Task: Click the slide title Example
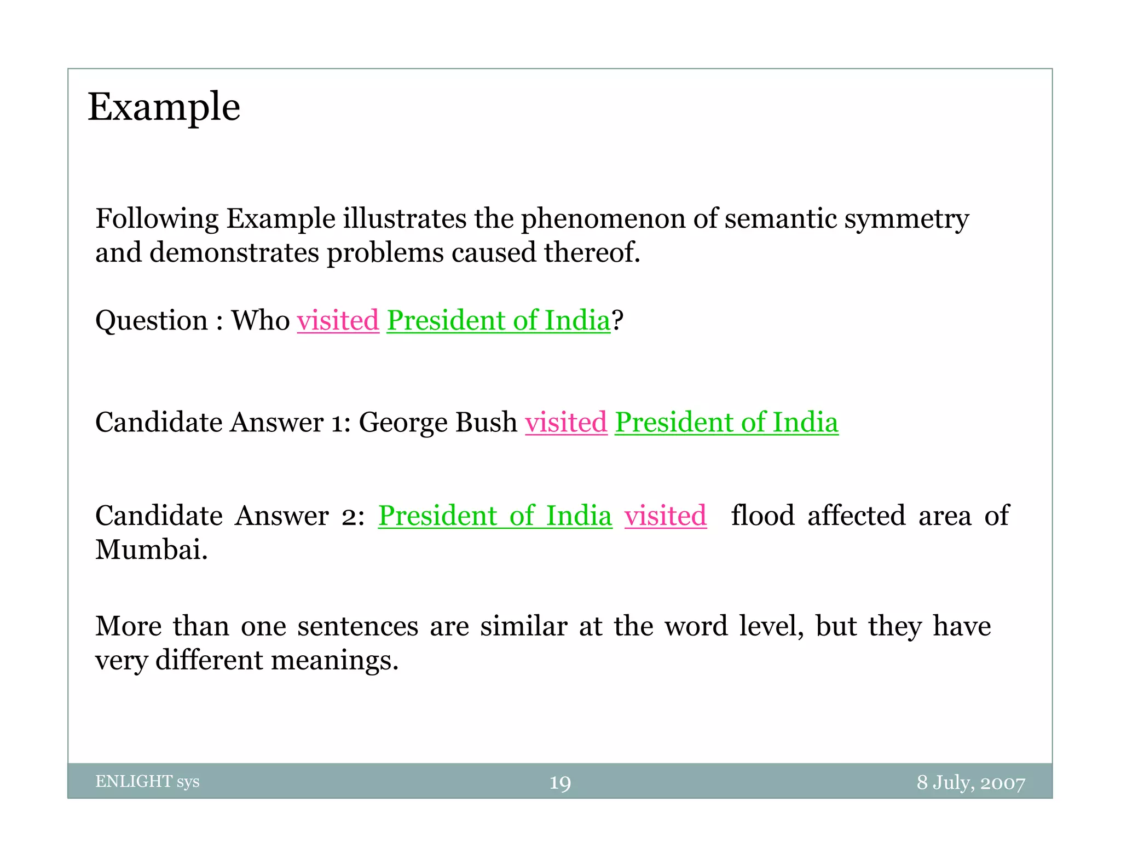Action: tap(164, 107)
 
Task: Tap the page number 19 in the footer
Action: tap(560, 783)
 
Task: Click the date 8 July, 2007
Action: tap(970, 783)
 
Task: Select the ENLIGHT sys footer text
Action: tap(147, 781)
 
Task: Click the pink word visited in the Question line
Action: tap(338, 320)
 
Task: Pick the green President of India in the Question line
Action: tap(498, 320)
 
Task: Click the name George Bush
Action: tap(438, 423)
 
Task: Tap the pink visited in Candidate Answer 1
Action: tap(566, 423)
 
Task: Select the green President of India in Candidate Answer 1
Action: tap(726, 423)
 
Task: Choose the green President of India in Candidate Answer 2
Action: tap(495, 516)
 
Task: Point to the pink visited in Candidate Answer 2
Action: tap(666, 516)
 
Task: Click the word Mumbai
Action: tap(151, 550)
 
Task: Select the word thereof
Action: tap(592, 253)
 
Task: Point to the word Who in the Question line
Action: tap(261, 320)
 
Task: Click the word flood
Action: tap(762, 516)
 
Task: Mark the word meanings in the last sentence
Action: tap(334, 660)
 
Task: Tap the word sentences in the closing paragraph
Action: tap(358, 626)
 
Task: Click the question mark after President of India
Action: tap(617, 320)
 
